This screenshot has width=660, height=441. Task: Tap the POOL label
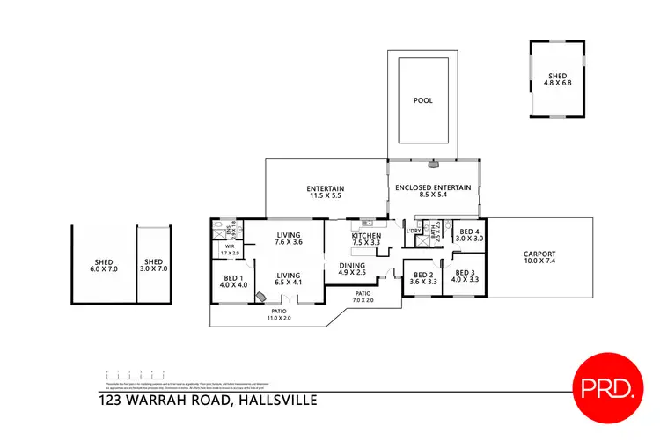click(x=423, y=100)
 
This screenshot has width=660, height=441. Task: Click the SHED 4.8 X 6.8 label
click(x=558, y=79)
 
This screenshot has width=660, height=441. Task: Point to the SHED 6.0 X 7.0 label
click(x=104, y=266)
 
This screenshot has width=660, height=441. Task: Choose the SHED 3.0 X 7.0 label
click(x=154, y=266)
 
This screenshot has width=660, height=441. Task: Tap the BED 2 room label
click(x=425, y=278)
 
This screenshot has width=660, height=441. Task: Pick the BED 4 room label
click(x=471, y=235)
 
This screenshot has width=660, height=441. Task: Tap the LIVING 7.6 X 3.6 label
click(x=290, y=239)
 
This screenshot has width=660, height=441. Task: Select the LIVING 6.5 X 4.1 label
click(x=290, y=277)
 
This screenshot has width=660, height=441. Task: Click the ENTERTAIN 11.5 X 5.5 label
click(x=325, y=193)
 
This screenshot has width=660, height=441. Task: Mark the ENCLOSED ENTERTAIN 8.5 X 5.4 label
click(x=433, y=192)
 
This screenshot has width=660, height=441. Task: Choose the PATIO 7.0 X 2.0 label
click(x=363, y=298)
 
